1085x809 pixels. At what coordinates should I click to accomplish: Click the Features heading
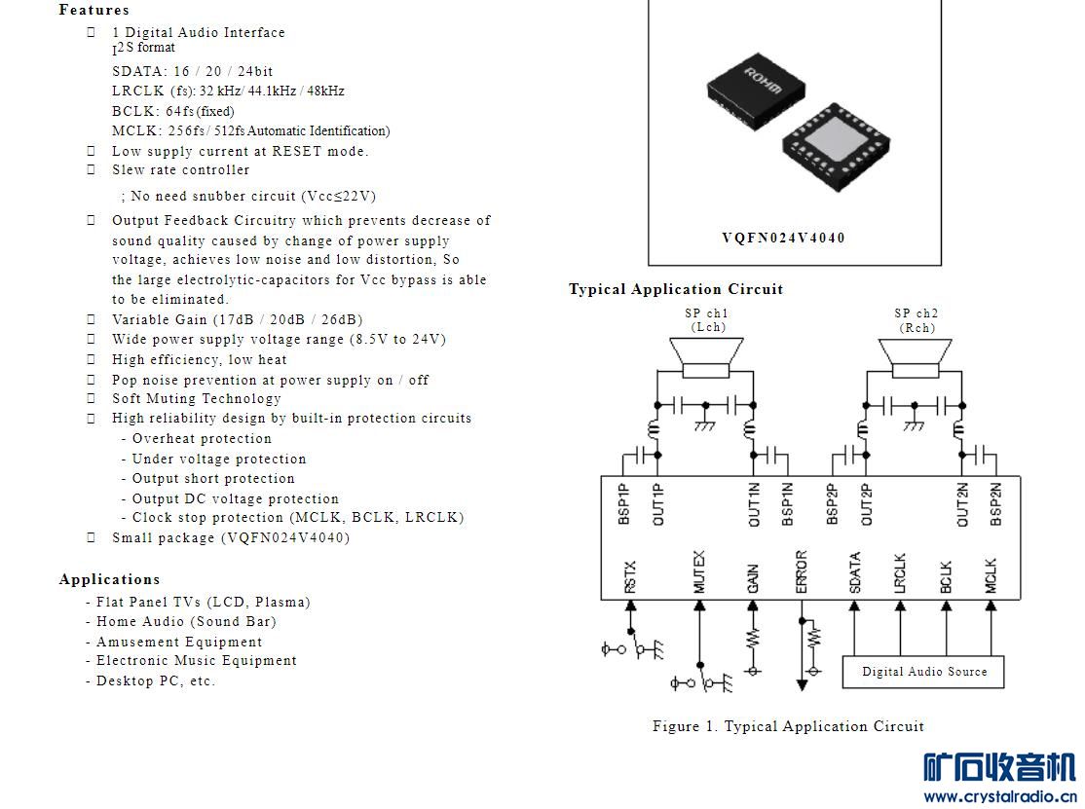[x=94, y=10]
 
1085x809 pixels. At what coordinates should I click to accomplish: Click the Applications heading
[x=109, y=579]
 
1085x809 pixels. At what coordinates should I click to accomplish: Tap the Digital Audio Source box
[x=923, y=672]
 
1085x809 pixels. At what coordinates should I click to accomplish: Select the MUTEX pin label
[x=699, y=571]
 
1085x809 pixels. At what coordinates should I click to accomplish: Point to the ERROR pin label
[x=802, y=571]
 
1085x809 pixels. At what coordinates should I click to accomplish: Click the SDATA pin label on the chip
[x=854, y=572]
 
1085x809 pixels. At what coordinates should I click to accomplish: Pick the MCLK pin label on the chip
[x=991, y=575]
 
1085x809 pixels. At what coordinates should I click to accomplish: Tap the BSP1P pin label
[x=624, y=504]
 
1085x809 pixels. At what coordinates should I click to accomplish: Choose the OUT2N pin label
[x=962, y=504]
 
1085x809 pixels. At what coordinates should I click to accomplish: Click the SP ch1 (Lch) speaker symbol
[x=706, y=357]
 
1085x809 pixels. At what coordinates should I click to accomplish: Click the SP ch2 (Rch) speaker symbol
[x=916, y=357]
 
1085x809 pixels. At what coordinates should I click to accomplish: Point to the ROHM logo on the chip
[x=763, y=80]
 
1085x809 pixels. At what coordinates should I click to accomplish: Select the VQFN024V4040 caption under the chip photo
[x=783, y=238]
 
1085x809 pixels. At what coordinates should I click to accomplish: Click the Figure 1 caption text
[x=788, y=726]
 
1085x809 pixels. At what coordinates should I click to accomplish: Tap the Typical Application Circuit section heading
[x=675, y=289]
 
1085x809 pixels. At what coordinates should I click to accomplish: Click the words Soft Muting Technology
[x=197, y=399]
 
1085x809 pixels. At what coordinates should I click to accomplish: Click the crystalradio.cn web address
[x=1000, y=796]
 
